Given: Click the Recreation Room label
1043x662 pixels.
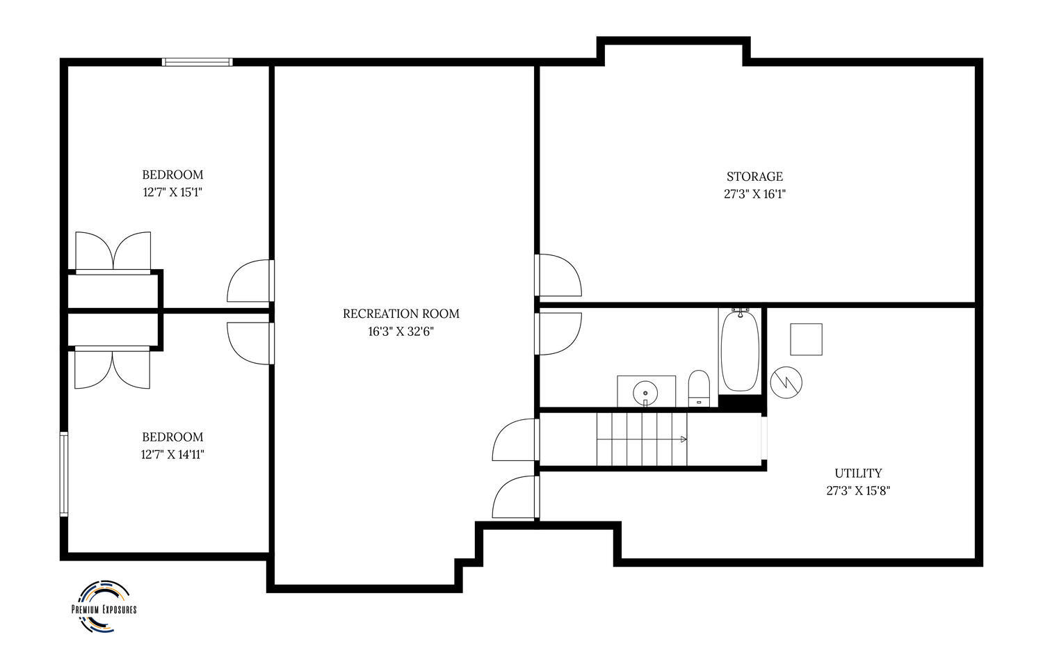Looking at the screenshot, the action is pyautogui.click(x=401, y=314).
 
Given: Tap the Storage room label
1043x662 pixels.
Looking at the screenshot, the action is pyautogui.click(x=754, y=177).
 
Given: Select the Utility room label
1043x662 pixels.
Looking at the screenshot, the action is pyautogui.click(x=858, y=474).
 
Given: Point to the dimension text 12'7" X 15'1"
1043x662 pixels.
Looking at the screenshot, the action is pyautogui.click(x=172, y=192).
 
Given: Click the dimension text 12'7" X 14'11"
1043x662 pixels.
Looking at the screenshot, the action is pyautogui.click(x=172, y=454).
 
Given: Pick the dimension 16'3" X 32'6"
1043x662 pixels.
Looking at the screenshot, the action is pyautogui.click(x=401, y=332).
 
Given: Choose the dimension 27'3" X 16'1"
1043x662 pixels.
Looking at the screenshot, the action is pyautogui.click(x=754, y=194).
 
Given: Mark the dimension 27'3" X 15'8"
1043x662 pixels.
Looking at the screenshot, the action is pyautogui.click(x=858, y=491).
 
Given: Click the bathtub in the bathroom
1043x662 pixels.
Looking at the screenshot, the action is pyautogui.click(x=740, y=350).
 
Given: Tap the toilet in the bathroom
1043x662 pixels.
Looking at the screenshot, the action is pyautogui.click(x=699, y=389).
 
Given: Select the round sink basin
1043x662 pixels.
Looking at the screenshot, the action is pyautogui.click(x=645, y=392).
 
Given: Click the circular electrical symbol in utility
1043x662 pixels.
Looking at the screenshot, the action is pyautogui.click(x=786, y=382).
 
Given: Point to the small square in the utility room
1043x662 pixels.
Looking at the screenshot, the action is pyautogui.click(x=806, y=339).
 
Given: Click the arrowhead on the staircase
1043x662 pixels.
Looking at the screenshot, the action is pyautogui.click(x=684, y=439).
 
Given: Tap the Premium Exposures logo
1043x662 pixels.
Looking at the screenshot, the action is pyautogui.click(x=104, y=606).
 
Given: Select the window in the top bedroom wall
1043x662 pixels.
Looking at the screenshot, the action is pyautogui.click(x=197, y=62).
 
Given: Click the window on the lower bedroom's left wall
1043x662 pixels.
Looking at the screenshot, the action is pyautogui.click(x=64, y=474).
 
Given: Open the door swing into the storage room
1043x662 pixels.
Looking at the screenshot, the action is pyautogui.click(x=558, y=275).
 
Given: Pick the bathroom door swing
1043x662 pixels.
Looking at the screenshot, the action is pyautogui.click(x=558, y=334).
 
